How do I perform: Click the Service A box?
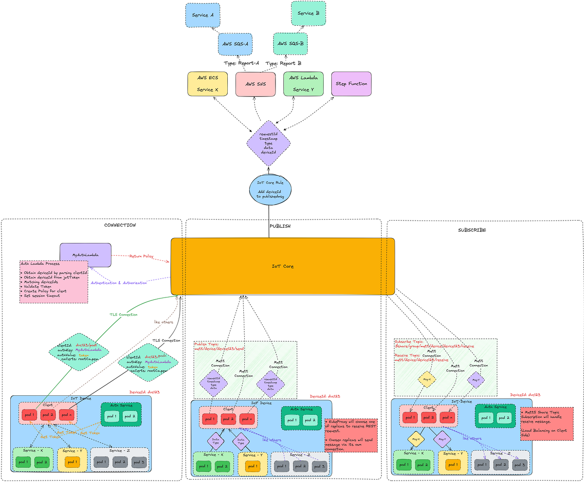point(203,15)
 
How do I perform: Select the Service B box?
point(308,14)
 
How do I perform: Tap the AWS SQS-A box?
point(235,44)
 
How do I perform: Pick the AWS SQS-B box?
point(290,44)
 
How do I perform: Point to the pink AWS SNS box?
point(255,84)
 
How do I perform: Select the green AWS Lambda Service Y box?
point(303,84)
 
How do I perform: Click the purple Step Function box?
point(351,84)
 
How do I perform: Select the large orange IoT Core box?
point(282,266)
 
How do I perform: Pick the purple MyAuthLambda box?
point(85,255)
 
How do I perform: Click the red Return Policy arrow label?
point(142,256)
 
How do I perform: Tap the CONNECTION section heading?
point(120,225)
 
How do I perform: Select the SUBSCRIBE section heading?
point(472,229)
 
